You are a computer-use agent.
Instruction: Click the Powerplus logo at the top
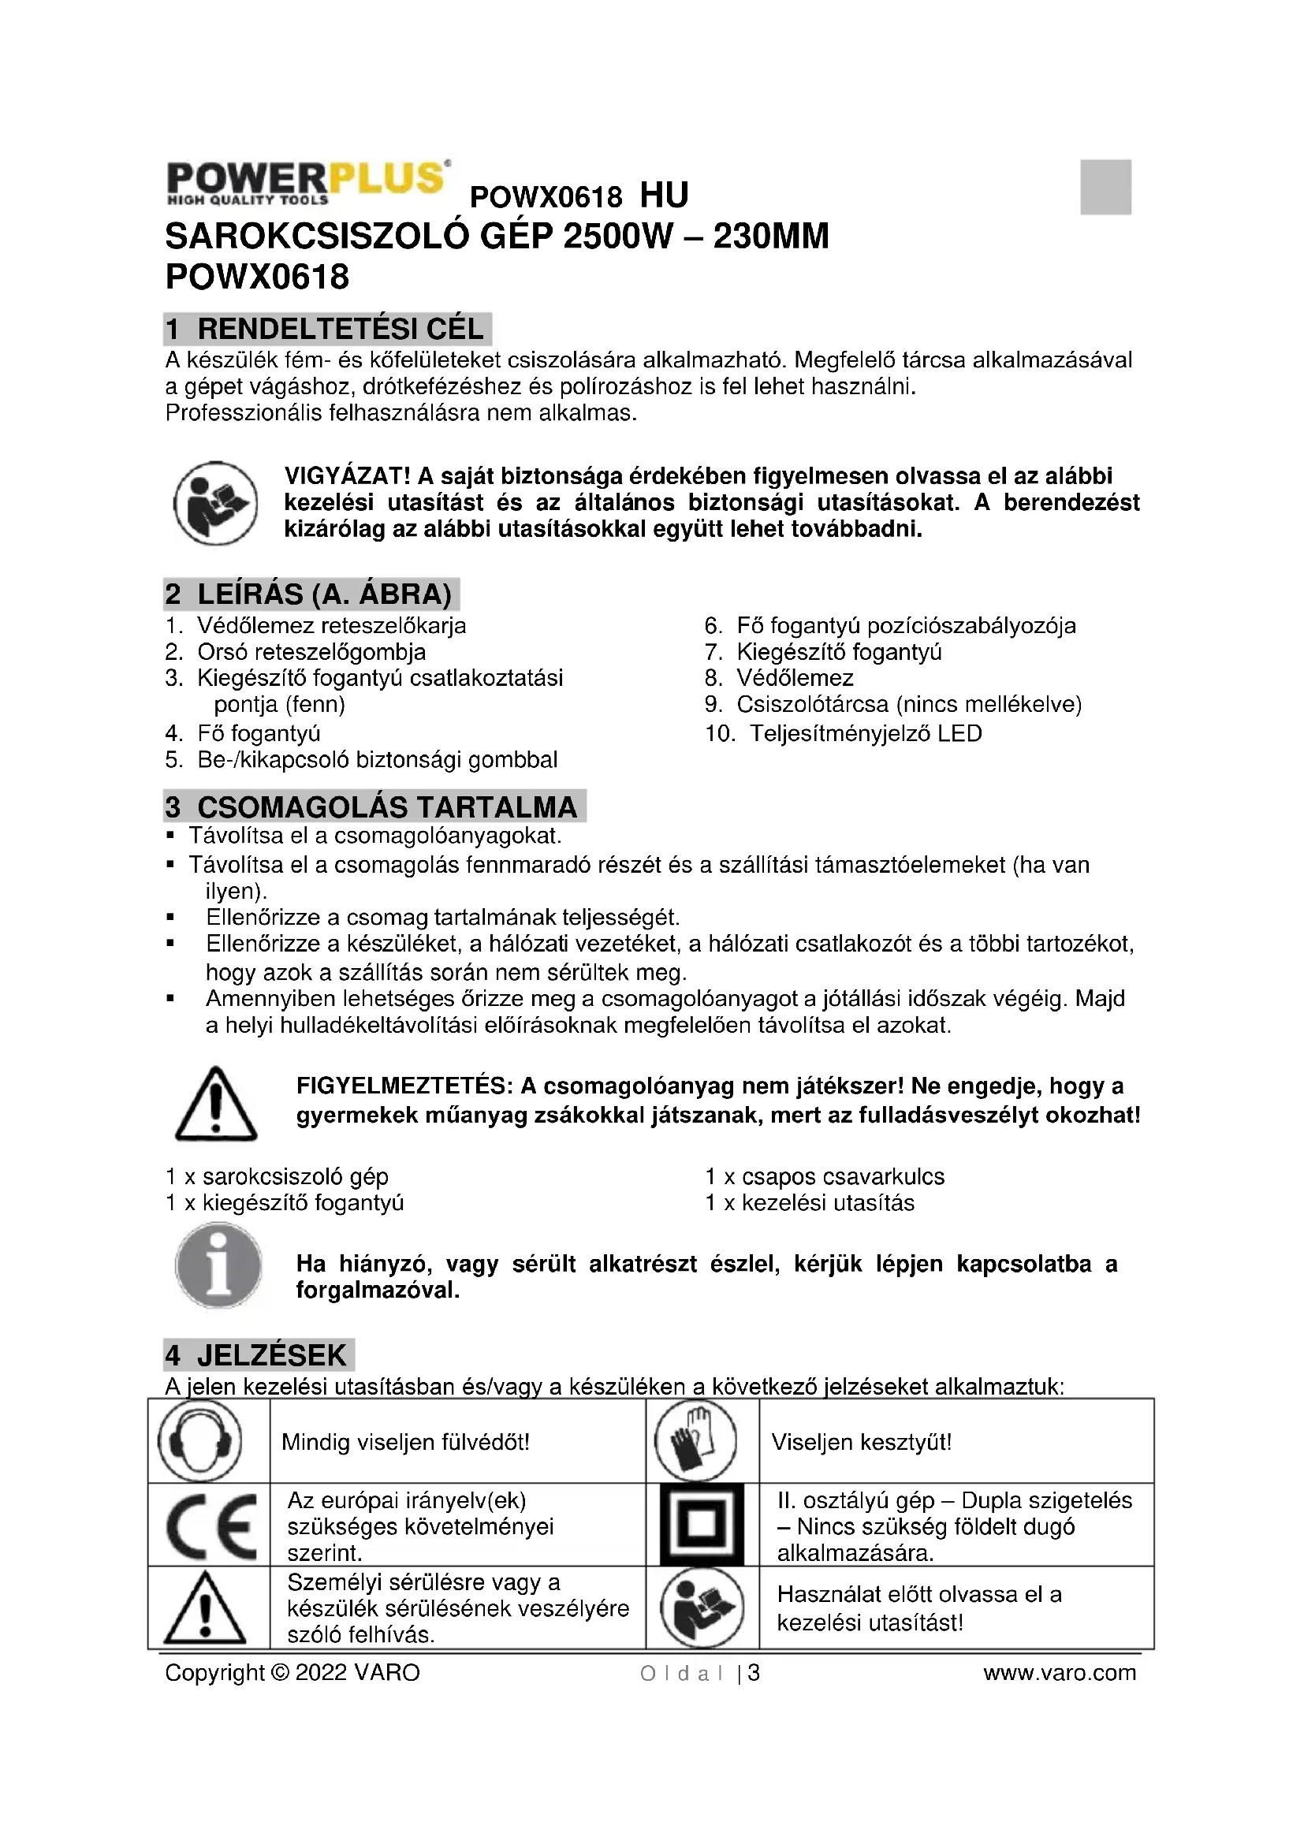pyautogui.click(x=307, y=182)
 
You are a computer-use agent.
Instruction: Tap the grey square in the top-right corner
pyautogui.click(x=1105, y=187)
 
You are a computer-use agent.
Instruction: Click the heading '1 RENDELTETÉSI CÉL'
pyautogui.click(x=326, y=330)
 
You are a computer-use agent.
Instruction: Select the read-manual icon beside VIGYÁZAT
pyautogui.click(x=216, y=504)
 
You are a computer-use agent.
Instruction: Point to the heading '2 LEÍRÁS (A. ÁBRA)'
pyautogui.click(x=311, y=594)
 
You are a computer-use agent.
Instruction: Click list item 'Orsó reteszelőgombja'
pyautogui.click(x=311, y=652)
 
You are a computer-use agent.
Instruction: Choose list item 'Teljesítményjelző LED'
pyautogui.click(x=866, y=733)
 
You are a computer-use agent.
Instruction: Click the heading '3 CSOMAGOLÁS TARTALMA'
pyautogui.click(x=374, y=807)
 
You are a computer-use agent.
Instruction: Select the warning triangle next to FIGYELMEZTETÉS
pyautogui.click(x=215, y=1105)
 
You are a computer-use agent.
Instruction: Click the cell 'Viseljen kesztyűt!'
pyautogui.click(x=862, y=1443)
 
